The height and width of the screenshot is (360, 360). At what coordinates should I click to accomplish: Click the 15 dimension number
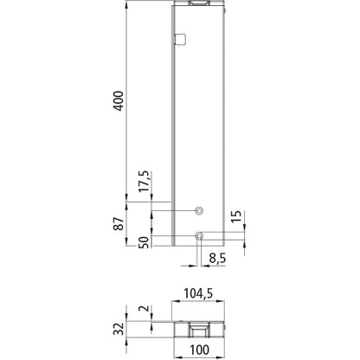(x=236, y=216)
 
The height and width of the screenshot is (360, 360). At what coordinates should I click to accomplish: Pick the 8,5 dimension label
(x=219, y=257)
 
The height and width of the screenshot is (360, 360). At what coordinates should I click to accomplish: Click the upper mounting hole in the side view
(x=199, y=211)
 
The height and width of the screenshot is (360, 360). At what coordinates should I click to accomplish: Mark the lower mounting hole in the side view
(x=199, y=235)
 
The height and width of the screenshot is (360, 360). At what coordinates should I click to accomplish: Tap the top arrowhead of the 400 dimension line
(x=129, y=3)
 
